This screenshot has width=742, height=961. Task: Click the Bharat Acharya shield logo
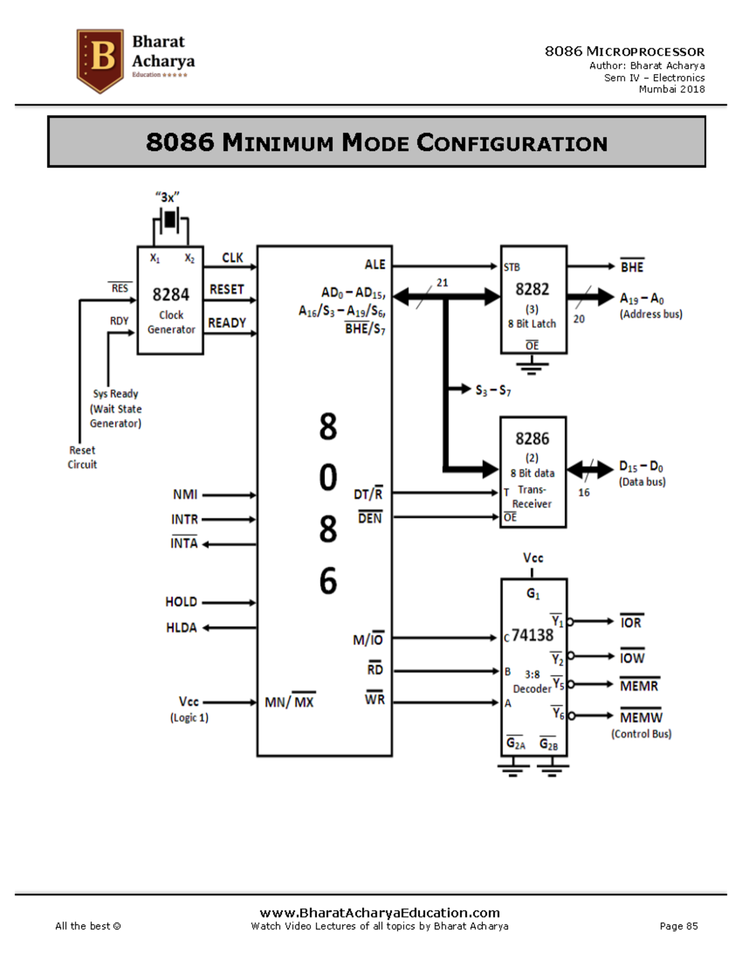click(100, 60)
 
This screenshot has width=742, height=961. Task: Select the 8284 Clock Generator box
click(171, 301)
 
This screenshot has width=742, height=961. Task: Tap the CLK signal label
click(232, 257)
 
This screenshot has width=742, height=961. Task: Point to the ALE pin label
click(375, 264)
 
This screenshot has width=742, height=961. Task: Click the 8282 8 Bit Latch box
click(533, 300)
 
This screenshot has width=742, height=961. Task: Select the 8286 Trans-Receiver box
click(533, 472)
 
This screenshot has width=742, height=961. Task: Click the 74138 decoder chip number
click(532, 636)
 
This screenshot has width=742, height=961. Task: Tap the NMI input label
click(185, 494)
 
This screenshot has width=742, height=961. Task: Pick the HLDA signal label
click(181, 627)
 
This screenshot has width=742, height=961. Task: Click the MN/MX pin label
click(289, 702)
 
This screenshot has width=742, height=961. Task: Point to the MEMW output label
click(641, 717)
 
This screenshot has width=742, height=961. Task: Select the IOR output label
click(631, 623)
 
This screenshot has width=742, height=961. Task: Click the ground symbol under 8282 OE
click(532, 368)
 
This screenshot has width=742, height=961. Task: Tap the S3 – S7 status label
click(493, 390)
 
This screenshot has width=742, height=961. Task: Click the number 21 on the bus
click(442, 282)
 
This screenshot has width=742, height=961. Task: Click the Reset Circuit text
click(82, 457)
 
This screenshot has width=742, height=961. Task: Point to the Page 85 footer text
click(678, 926)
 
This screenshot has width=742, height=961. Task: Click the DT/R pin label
click(368, 494)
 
